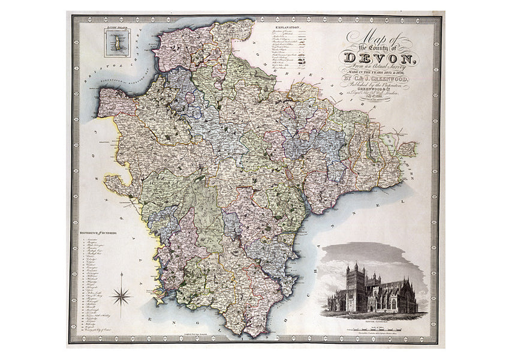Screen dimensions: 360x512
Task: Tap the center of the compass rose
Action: (122, 295)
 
